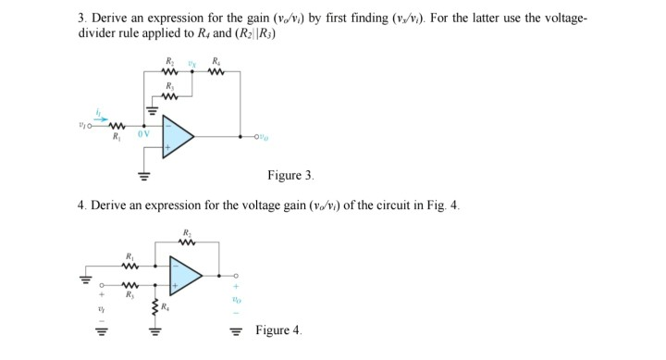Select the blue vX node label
coord(192,64)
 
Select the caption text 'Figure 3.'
coord(290,174)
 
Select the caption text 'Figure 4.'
coord(278,330)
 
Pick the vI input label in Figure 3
coord(81,127)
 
